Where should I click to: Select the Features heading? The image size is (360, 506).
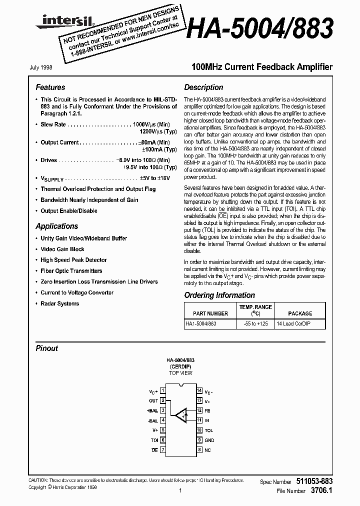(50, 87)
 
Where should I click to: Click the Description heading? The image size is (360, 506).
(203, 87)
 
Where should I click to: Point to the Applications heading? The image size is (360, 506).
(57, 226)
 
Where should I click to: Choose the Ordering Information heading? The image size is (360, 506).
(219, 295)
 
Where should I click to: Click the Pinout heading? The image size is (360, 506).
(46, 348)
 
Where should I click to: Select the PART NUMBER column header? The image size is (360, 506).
(210, 313)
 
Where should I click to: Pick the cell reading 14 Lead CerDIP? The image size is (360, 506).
(295, 323)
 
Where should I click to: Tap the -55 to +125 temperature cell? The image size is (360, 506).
(256, 323)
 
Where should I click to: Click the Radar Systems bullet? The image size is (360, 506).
(59, 303)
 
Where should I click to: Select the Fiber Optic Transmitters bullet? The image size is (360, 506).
(71, 270)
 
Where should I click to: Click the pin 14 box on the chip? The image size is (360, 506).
(199, 390)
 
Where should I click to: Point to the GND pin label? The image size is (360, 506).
(209, 440)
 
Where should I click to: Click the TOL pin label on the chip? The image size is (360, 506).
(209, 430)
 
